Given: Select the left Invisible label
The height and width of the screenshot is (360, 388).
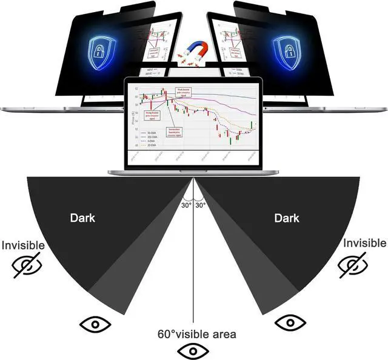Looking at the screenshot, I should (22, 245).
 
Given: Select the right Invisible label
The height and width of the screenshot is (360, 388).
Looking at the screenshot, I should (364, 243).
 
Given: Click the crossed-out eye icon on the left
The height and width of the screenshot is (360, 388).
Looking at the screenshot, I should (27, 266).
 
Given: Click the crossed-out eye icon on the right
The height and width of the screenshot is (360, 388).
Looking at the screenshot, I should (353, 264).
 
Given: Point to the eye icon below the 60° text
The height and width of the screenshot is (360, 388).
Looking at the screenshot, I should (193, 350).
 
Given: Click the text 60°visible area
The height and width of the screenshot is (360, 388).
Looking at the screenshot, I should (197, 334).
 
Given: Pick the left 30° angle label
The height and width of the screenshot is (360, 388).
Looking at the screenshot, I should (186, 205).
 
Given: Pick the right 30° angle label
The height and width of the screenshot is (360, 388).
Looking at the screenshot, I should (201, 205).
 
